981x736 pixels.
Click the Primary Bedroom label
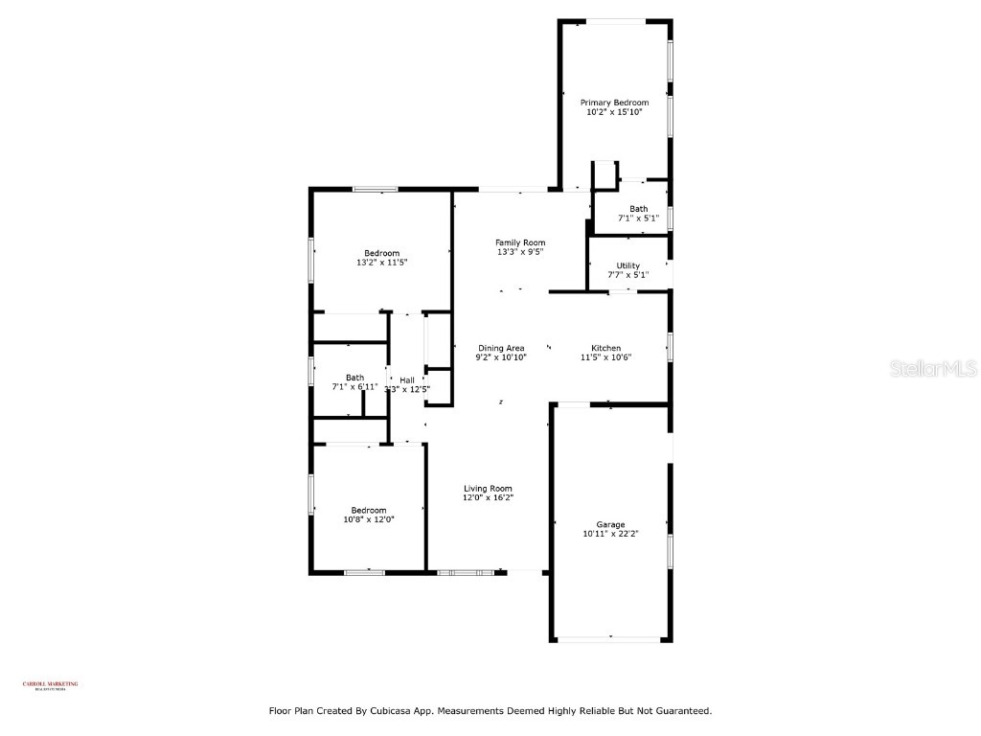coord(614,103)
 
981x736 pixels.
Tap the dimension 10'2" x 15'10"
coord(614,112)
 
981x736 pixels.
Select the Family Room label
coord(520,242)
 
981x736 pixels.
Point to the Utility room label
coord(628,265)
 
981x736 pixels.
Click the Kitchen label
coord(605,348)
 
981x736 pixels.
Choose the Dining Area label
coord(501,348)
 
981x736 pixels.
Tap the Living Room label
coord(489,488)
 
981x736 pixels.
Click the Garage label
coord(610,524)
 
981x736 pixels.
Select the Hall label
coord(407,380)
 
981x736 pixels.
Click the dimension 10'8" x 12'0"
coord(369,519)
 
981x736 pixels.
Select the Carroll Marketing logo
coord(51,684)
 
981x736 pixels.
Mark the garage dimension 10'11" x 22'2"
coord(610,534)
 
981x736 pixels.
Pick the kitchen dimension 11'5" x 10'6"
coord(605,357)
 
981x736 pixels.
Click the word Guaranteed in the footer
coord(678,711)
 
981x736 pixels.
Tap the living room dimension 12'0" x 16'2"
coord(489,497)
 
